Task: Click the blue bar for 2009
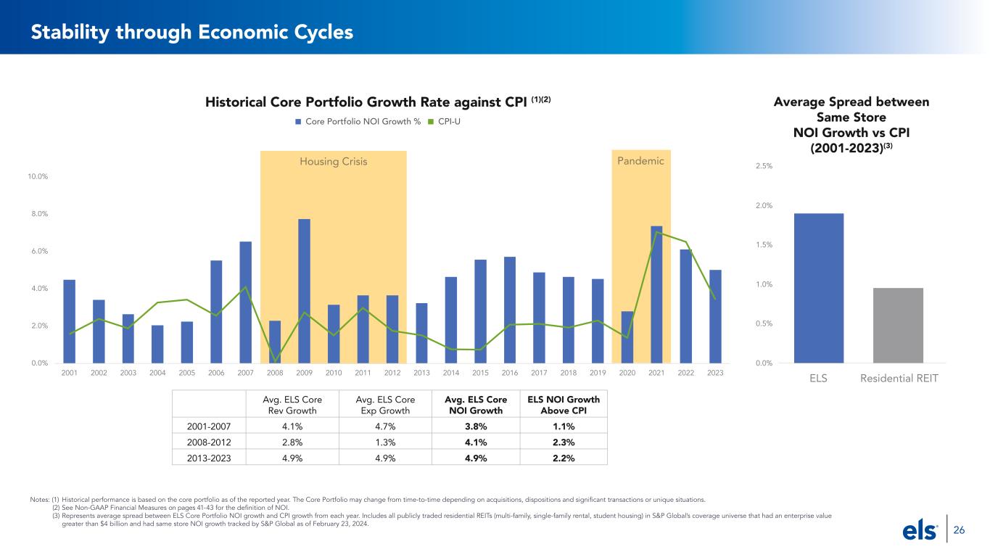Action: pos(304,291)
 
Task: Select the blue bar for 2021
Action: pos(656,294)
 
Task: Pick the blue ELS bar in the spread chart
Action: pos(819,288)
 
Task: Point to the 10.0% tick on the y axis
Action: pos(38,176)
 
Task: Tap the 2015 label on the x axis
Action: pos(480,373)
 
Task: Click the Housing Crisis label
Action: pos(334,162)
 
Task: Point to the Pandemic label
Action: pos(640,161)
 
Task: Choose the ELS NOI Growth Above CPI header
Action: pos(563,405)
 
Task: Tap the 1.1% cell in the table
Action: pos(563,426)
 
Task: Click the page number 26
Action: pos(959,530)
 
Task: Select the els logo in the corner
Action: pos(920,531)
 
